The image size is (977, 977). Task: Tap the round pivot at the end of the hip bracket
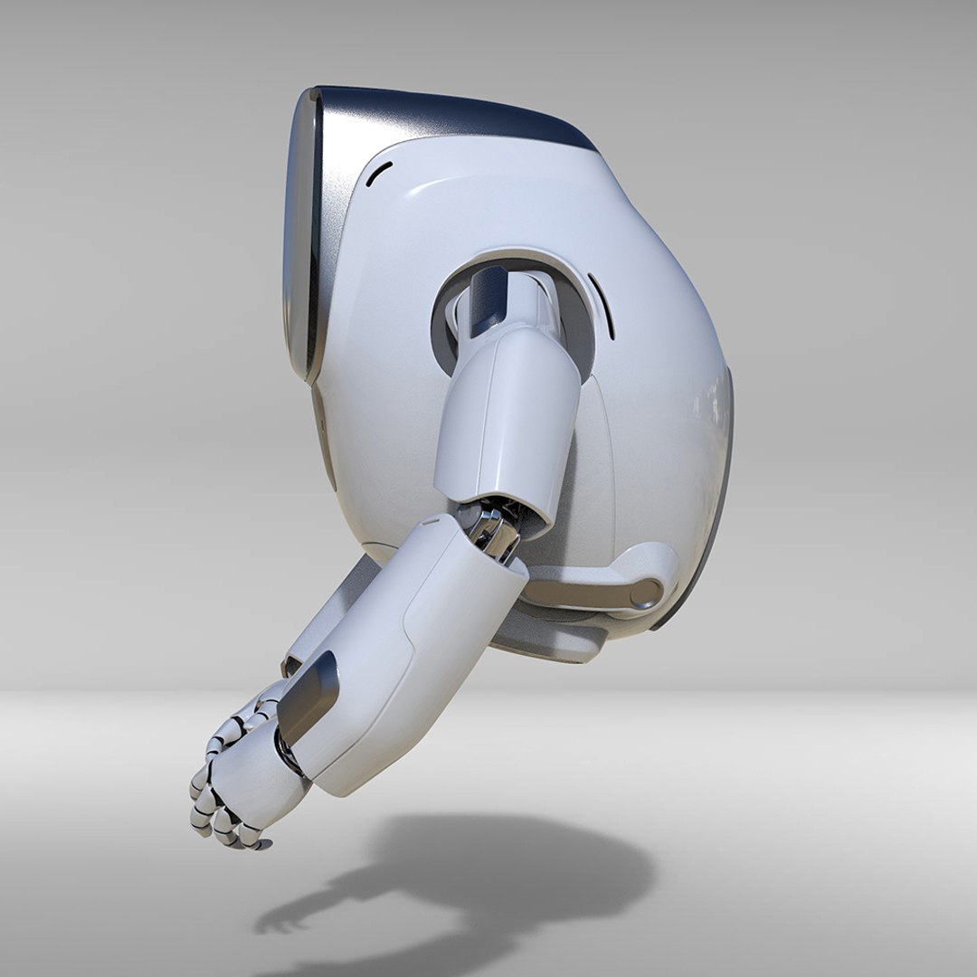coord(646,593)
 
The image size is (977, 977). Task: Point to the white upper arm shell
coord(507,416)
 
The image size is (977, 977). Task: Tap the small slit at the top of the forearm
coord(432,520)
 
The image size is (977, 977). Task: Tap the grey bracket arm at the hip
coord(588,588)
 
